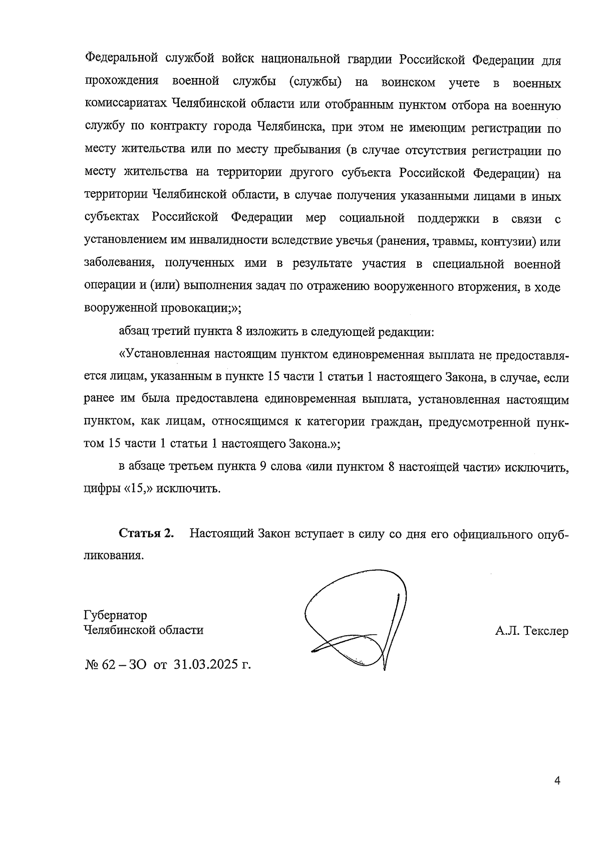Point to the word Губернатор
tap(115, 615)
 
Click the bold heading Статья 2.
tap(146, 534)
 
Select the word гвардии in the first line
tap(369, 61)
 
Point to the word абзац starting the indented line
tap(134, 331)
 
